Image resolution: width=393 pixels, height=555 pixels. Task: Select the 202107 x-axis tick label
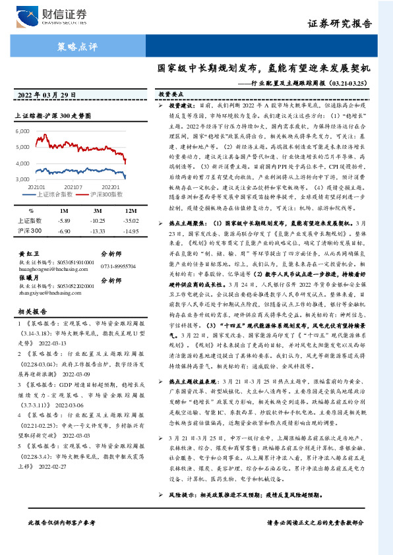(73, 187)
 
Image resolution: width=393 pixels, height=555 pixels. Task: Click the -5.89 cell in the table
(64, 221)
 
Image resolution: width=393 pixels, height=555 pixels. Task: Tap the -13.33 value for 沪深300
(98, 231)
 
